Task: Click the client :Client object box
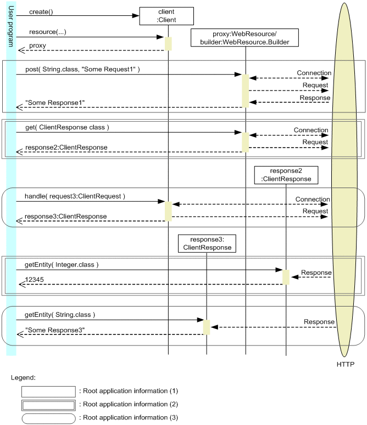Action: pos(166,16)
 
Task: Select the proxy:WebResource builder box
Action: pos(245,37)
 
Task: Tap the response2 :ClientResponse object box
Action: pos(286,175)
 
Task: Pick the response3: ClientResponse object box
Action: pos(206,243)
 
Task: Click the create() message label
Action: pos(41,12)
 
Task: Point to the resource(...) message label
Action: pos(47,32)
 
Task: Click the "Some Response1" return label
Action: pos(55,103)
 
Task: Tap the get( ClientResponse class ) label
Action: pos(67,127)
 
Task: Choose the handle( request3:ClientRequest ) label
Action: pos(75,196)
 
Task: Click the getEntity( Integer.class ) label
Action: pos(62,265)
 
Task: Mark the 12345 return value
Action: pos(36,280)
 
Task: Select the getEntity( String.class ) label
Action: pos(60,315)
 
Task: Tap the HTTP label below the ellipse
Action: pos(346,365)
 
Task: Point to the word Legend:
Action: pos(23,378)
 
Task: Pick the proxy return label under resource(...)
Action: pos(37,46)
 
